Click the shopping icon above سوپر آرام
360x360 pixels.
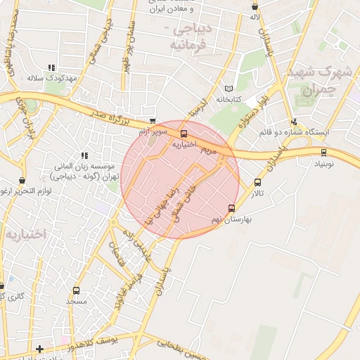[x=153, y=121]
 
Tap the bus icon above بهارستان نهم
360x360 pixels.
[x=232, y=208]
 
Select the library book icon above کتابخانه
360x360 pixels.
[x=228, y=89]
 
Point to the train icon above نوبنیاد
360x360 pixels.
[x=323, y=152]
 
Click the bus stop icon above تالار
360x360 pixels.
[x=257, y=184]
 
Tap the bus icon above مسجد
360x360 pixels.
[x=76, y=290]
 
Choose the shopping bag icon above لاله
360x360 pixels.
[x=255, y=6]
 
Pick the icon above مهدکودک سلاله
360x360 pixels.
[x=50, y=68]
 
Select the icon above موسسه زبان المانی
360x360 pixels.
[x=84, y=155]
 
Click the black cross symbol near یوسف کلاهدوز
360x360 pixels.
[x=40, y=349]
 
